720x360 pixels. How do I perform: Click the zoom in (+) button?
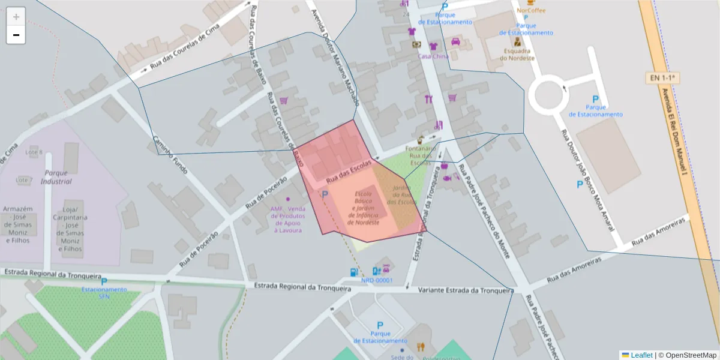16,17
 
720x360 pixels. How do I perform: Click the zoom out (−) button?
16,35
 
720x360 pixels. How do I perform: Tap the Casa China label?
433,56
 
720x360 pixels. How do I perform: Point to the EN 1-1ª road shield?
662,78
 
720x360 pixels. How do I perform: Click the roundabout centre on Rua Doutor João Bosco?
547,95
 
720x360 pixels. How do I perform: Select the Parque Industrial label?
56,177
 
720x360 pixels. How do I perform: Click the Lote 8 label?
33,152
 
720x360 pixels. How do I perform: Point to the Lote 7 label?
24,180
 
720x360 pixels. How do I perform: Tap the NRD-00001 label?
377,280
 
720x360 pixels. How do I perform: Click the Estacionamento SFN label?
104,293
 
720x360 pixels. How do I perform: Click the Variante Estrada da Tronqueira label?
466,291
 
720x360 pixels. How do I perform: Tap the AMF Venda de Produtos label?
288,219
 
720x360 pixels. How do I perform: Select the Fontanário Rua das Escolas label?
420,155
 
